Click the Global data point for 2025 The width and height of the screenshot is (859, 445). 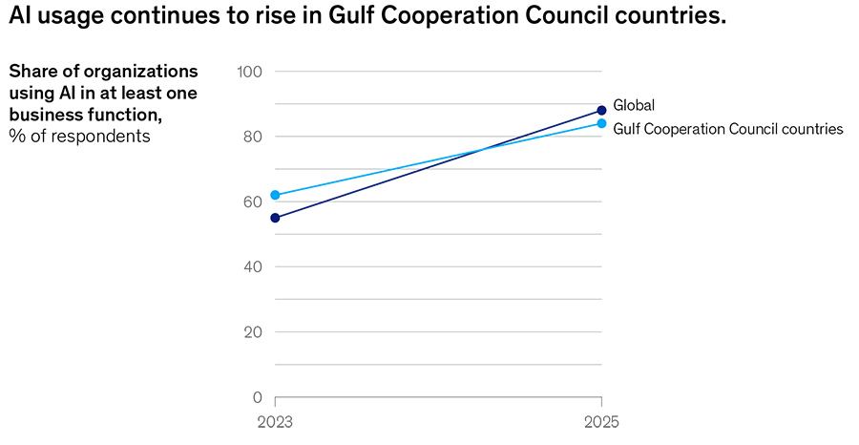(x=601, y=111)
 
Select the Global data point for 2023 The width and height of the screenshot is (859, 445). (x=276, y=218)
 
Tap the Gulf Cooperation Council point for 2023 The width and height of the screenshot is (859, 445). (x=276, y=195)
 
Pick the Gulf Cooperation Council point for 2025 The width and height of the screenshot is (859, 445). (x=601, y=123)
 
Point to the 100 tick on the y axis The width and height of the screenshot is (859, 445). (x=249, y=72)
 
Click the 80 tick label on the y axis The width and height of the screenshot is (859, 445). (x=252, y=137)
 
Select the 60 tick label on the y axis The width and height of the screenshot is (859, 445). (x=252, y=201)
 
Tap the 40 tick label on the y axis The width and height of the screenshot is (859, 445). (x=252, y=267)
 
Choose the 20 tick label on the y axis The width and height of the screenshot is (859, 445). (x=252, y=332)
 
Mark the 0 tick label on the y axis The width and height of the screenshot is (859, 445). (x=257, y=397)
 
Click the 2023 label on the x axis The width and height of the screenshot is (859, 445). (x=276, y=421)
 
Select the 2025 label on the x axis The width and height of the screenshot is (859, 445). (x=601, y=421)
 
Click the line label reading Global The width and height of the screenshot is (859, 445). (x=634, y=105)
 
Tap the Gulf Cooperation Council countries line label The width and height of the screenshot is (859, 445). (x=728, y=129)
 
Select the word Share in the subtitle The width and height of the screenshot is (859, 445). (x=31, y=72)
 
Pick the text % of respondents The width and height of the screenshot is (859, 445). (x=80, y=136)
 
